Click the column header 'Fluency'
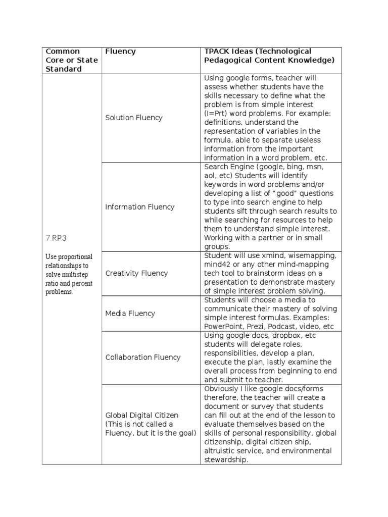pyautogui.click(x=120, y=51)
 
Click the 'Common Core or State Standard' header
pyautogui.click(x=71, y=60)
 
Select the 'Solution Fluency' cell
pyautogui.click(x=134, y=118)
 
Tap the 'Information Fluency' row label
pyautogui.click(x=140, y=206)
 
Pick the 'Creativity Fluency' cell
pyautogui.click(x=136, y=273)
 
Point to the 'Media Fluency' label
pyautogui.click(x=130, y=313)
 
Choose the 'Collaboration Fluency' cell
pyautogui.click(x=143, y=357)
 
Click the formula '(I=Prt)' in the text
pyautogui.click(x=217, y=114)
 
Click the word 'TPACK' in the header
pyautogui.click(x=216, y=51)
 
